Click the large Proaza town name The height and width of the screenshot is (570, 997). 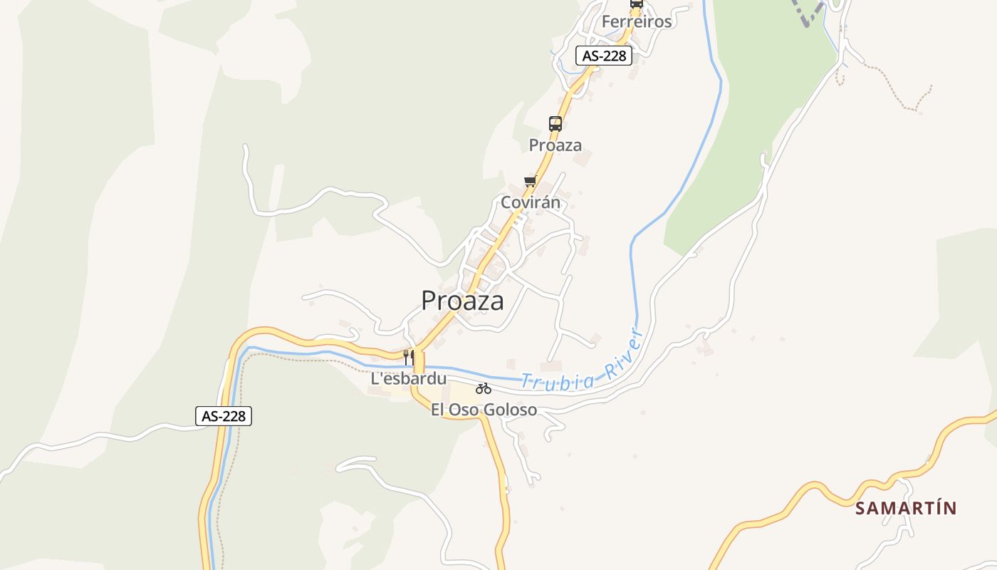(x=462, y=300)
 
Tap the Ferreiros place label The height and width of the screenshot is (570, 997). (x=637, y=21)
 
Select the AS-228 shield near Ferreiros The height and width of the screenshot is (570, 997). (x=604, y=56)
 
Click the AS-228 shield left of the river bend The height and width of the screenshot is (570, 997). (x=224, y=416)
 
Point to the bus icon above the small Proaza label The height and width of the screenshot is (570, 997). (x=555, y=123)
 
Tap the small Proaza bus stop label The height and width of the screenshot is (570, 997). (x=555, y=145)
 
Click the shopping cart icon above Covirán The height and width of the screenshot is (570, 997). (x=530, y=181)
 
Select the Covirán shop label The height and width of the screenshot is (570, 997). (x=531, y=202)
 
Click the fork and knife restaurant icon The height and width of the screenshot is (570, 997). (x=409, y=357)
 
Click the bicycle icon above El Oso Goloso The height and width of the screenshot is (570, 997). (x=484, y=388)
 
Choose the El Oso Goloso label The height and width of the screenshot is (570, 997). (x=484, y=410)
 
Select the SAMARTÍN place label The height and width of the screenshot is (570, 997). (x=906, y=508)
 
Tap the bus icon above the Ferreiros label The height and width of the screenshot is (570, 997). (x=637, y=4)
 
